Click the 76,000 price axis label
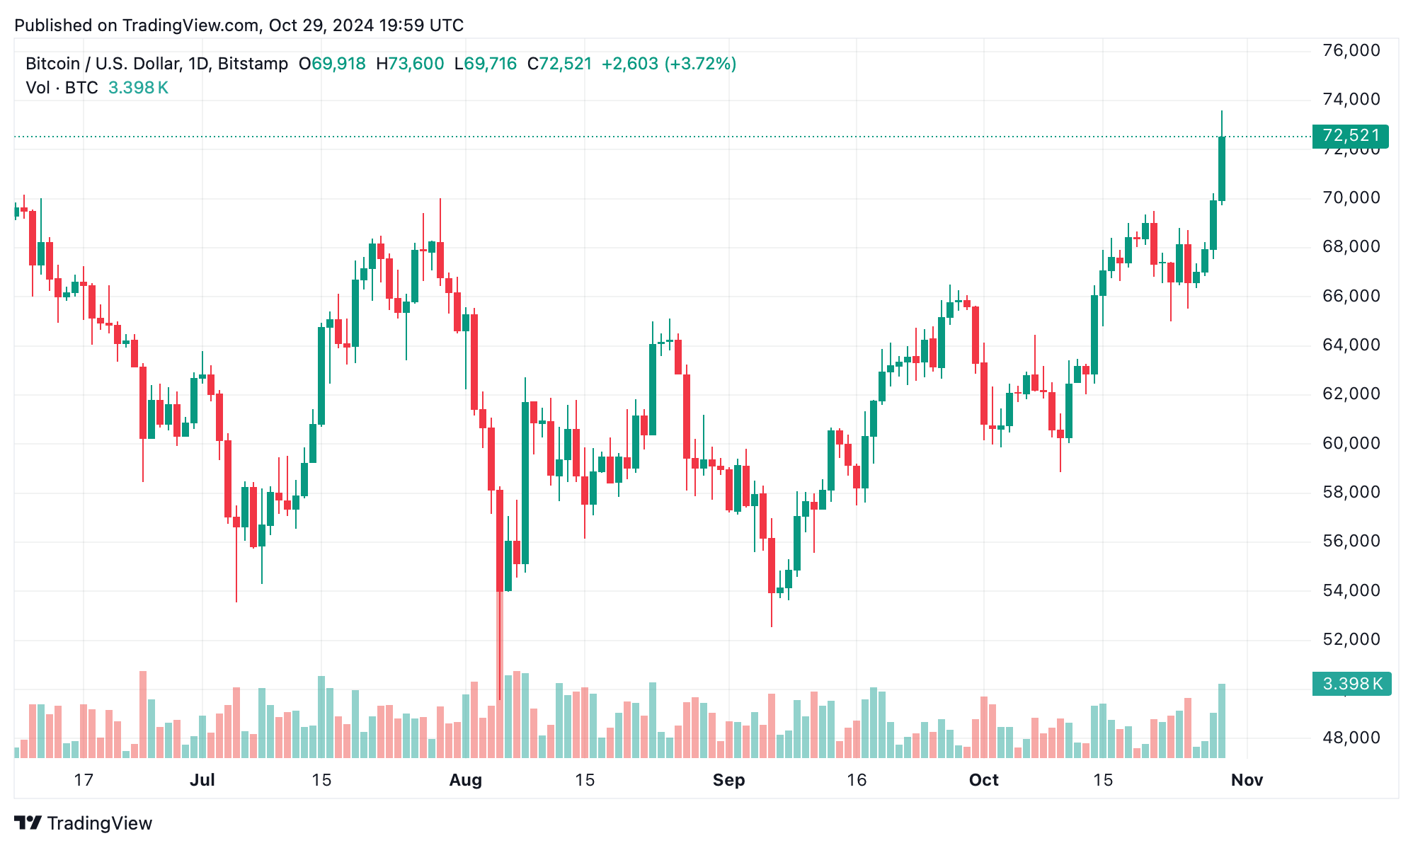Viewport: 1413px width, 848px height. pos(1351,50)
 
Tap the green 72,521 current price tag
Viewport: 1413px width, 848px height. pos(1350,135)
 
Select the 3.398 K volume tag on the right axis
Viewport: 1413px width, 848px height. pos(1351,684)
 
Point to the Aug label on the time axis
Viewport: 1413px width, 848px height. pos(466,780)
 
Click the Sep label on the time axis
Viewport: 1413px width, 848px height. pos(728,780)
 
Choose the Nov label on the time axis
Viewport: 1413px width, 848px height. pos(1247,780)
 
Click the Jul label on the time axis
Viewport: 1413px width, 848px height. pos(202,780)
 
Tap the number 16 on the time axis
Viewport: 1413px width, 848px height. pos(857,780)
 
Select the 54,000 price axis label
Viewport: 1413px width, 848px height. pos(1351,590)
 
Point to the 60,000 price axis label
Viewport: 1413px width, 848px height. pos(1351,443)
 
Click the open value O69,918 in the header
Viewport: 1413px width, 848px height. pos(332,64)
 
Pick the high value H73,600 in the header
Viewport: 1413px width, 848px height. pos(410,64)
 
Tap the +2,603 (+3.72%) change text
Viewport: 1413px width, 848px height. pos(668,64)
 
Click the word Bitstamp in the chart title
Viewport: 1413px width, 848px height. pos(253,64)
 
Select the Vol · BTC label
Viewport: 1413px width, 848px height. pos(62,88)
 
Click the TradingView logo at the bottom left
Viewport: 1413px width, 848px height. pos(84,823)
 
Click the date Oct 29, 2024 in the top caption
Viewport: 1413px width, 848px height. pos(321,25)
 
